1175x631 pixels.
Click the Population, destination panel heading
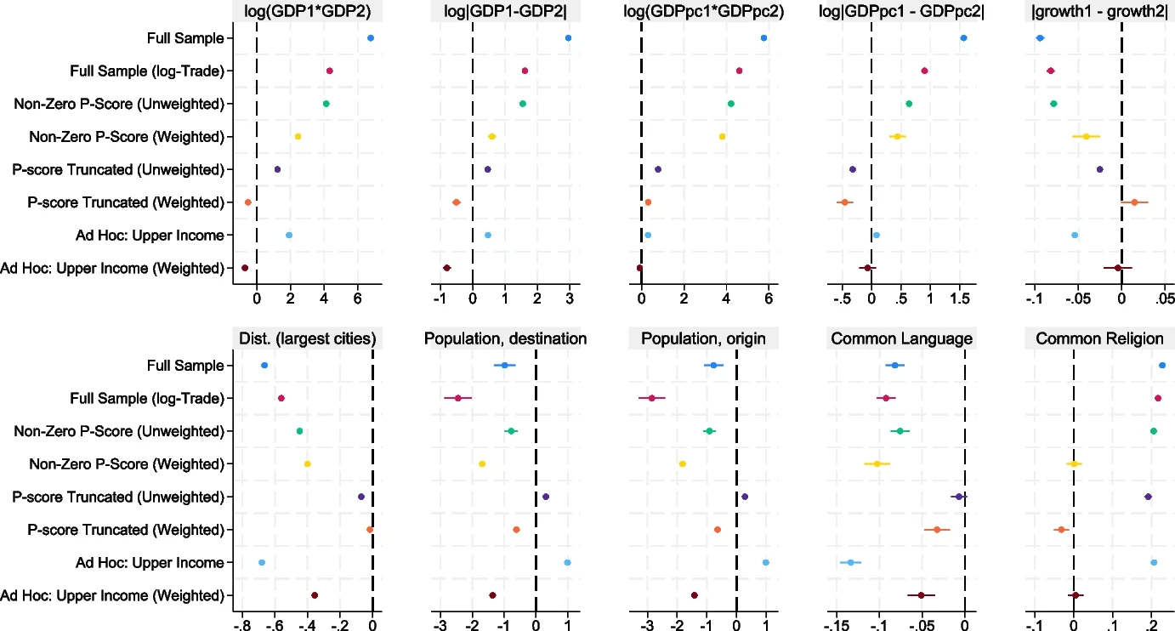point(506,338)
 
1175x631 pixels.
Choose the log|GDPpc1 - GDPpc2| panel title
point(901,11)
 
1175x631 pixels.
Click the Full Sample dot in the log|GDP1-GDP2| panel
point(568,38)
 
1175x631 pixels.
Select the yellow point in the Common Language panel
point(877,463)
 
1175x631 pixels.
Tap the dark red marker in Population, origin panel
point(695,595)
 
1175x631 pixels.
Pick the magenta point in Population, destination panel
point(458,398)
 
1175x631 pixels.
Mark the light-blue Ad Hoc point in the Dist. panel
point(262,563)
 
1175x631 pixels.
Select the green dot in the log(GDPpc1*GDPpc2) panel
point(730,104)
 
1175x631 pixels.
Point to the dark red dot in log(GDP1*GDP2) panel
point(245,268)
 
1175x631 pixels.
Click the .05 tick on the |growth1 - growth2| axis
point(1164,298)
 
